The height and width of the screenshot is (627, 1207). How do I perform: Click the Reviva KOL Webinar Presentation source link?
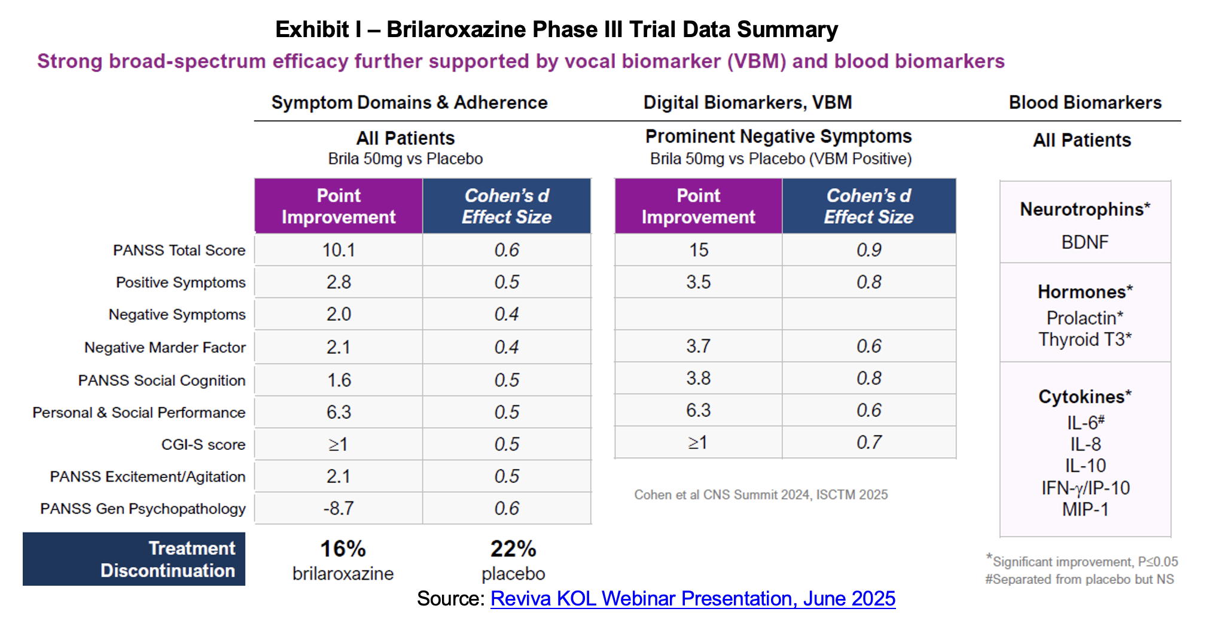tap(693, 599)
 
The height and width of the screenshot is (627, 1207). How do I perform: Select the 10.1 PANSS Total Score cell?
tap(339, 250)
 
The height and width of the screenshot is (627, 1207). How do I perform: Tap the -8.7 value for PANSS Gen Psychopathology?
tap(339, 509)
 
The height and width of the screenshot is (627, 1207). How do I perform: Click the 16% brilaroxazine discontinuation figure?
tap(343, 549)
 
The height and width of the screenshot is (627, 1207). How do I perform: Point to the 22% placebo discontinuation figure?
tap(513, 549)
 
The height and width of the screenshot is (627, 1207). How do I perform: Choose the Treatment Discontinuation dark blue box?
tap(134, 559)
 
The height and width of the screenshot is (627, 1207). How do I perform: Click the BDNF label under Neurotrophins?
tap(1084, 242)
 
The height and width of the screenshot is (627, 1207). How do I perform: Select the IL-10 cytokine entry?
tap(1085, 466)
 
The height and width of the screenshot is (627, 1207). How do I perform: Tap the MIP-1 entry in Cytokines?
tap(1085, 510)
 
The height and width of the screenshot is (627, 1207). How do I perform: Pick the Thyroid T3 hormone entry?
tap(1084, 340)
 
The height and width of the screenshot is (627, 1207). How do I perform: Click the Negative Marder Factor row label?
tap(165, 348)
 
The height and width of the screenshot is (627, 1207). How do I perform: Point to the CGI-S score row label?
tap(203, 445)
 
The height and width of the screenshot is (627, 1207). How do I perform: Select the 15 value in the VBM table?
tap(699, 250)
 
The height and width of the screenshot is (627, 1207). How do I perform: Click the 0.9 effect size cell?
tap(868, 250)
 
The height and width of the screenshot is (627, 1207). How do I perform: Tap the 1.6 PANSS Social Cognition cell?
tap(339, 380)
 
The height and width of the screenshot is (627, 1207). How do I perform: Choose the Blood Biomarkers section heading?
tap(1085, 103)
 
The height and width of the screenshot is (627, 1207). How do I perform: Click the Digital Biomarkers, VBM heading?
tap(748, 103)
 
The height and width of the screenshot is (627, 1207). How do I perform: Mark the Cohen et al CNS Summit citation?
tap(761, 495)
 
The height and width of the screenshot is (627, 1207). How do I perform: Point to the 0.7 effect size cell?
tap(868, 443)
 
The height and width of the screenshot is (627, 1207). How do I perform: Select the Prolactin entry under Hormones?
tap(1084, 318)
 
